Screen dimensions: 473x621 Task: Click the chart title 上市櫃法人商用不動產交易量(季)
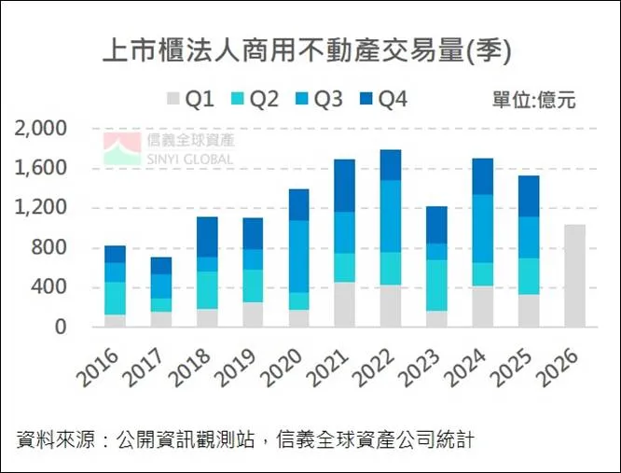point(307,50)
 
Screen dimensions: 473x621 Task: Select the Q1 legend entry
point(191,100)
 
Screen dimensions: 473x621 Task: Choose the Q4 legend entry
point(382,100)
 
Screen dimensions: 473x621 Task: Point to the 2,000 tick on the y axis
point(41,128)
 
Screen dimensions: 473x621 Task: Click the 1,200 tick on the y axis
point(41,207)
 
